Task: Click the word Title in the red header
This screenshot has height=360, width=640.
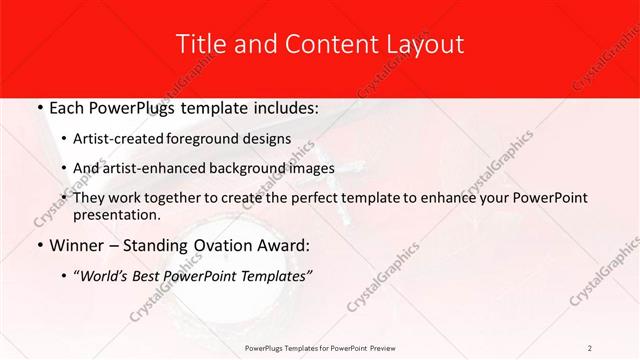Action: click(x=200, y=45)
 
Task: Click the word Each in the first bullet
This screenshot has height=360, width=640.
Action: click(x=66, y=108)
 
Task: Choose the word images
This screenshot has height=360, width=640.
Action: click(x=308, y=168)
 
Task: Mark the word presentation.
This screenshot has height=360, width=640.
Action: click(x=116, y=214)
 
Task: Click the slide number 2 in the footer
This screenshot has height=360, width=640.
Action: click(x=590, y=347)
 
